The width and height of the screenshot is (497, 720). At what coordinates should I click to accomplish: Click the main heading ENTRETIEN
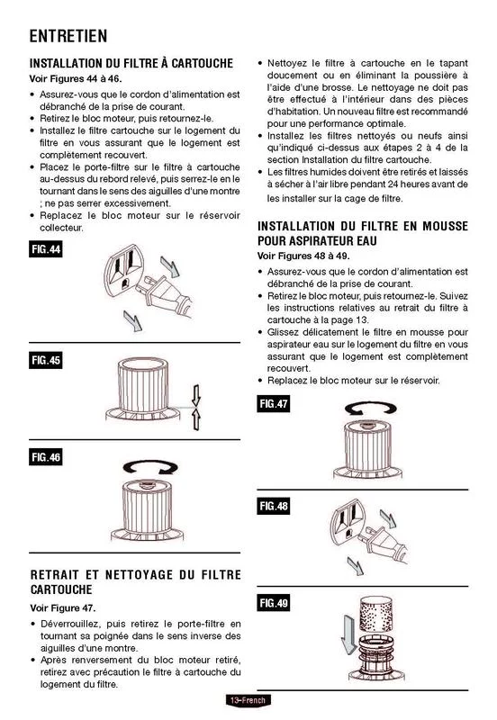[68, 36]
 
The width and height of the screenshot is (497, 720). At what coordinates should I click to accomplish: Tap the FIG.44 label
[46, 249]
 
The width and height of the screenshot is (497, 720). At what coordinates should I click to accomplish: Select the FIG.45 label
[46, 361]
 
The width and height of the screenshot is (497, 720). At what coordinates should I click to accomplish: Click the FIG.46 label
[46, 457]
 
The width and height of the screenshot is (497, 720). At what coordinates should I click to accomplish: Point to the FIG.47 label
[274, 404]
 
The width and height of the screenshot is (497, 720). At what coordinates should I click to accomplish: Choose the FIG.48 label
[274, 506]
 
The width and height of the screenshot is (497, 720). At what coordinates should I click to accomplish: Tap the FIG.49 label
[274, 603]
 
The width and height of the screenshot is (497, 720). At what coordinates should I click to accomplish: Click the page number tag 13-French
[248, 700]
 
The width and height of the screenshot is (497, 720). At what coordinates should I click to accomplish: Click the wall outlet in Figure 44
[124, 271]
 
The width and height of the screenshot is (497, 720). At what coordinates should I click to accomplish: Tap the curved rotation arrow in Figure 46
[150, 467]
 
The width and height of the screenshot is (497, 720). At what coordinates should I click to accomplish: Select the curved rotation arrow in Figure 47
[370, 409]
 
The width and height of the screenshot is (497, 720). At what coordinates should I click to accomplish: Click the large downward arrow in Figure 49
[348, 634]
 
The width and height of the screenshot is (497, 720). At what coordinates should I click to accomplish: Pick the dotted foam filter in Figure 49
[376, 614]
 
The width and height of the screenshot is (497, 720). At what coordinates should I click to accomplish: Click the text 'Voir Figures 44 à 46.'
[76, 78]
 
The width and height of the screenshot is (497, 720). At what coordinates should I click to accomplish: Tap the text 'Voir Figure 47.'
[63, 608]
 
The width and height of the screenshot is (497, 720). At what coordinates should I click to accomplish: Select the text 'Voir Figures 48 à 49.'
[303, 256]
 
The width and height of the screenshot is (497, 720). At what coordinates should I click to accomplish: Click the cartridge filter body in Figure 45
[143, 386]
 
